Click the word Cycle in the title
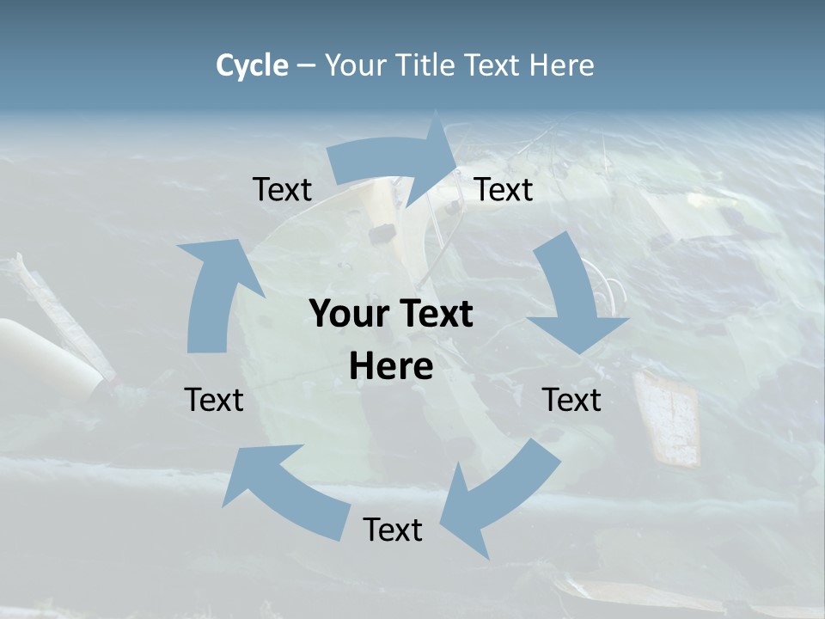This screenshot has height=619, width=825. tap(252, 65)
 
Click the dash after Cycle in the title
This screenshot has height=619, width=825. tap(306, 65)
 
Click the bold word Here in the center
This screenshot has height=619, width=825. tap(391, 367)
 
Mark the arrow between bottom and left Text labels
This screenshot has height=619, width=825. tap(284, 490)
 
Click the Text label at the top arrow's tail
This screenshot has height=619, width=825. tap(282, 190)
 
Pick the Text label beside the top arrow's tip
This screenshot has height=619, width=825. tap(504, 190)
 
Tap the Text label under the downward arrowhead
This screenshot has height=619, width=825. tap(571, 401)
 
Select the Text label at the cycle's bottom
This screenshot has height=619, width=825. tap(393, 530)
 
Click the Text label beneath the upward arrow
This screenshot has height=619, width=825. tap(214, 401)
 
